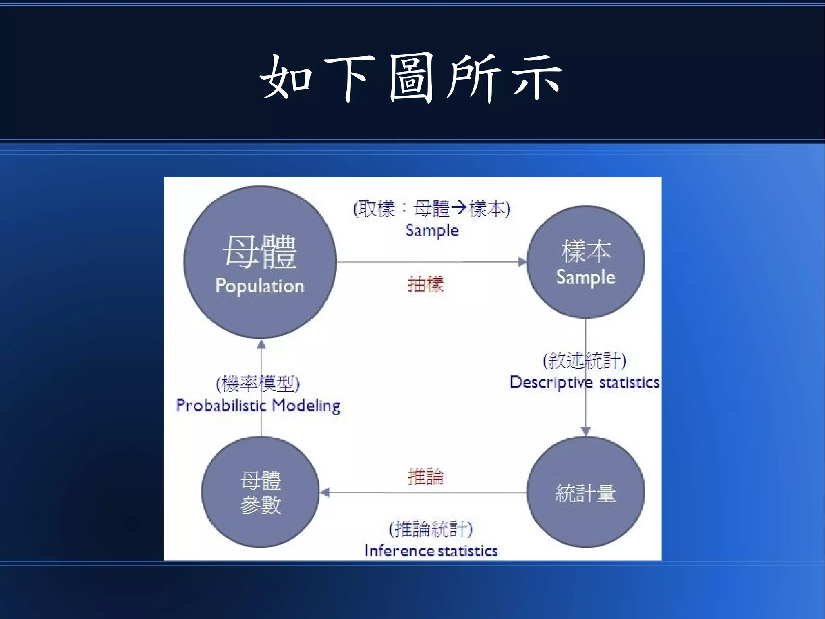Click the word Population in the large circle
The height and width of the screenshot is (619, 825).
(260, 286)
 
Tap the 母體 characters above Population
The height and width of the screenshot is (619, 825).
(260, 252)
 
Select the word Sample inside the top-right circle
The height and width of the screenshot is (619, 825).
(586, 277)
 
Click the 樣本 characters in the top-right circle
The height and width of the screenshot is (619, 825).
(586, 250)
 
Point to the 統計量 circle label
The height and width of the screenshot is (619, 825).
(586, 493)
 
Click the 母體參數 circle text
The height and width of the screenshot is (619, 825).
(261, 492)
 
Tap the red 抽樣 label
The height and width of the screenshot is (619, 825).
(426, 284)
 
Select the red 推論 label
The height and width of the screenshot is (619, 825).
(426, 477)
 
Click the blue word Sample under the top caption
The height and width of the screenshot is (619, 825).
(432, 231)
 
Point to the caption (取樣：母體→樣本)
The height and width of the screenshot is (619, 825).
(432, 209)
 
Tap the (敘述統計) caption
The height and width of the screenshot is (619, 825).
(585, 361)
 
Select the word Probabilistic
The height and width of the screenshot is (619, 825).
(221, 406)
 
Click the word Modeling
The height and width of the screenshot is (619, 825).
(306, 406)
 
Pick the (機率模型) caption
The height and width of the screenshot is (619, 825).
(258, 383)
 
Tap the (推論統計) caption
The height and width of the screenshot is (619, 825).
(431, 529)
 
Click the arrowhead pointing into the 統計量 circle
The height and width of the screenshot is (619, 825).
(586, 431)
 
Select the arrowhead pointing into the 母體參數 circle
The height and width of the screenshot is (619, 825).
(325, 492)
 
